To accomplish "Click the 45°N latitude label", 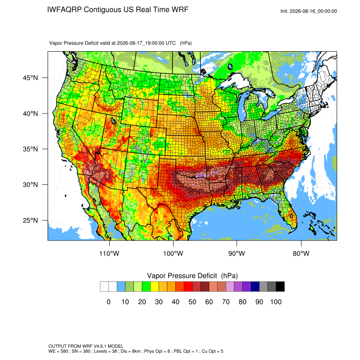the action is click(x=30, y=78).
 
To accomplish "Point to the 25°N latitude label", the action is click(x=30, y=220).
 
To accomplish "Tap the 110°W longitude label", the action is click(x=109, y=253).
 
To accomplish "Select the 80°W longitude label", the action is click(x=301, y=253).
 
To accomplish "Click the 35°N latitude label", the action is click(x=30, y=149).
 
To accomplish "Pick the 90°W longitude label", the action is click(x=236, y=253).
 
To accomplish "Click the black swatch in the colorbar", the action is click(x=280, y=287).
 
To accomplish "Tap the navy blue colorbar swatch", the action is click(x=255, y=287).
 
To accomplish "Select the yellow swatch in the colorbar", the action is click(x=155, y=287).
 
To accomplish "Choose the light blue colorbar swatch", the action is click(x=121, y=287).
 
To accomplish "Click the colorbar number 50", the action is click(x=192, y=302).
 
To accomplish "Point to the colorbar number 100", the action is click(x=276, y=302).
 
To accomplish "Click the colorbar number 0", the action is click(x=108, y=302).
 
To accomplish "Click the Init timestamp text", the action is click(x=309, y=11).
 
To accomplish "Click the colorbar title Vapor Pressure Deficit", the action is click(x=182, y=276).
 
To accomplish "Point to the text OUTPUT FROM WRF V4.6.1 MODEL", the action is click(x=86, y=346).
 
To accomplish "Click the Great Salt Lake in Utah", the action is click(x=113, y=121).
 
